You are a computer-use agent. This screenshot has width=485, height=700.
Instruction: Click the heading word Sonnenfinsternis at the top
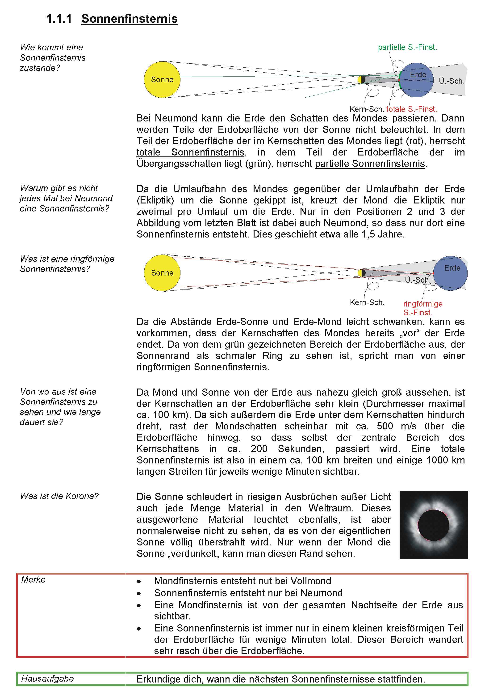[130, 19]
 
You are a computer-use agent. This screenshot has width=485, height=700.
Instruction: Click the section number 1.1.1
[59, 19]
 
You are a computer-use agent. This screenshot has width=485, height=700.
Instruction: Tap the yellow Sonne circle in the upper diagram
[162, 79]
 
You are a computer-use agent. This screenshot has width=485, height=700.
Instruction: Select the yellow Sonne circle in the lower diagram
[162, 273]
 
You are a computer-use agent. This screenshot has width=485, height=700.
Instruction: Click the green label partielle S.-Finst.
[407, 47]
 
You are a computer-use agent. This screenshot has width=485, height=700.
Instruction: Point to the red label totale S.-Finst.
[411, 109]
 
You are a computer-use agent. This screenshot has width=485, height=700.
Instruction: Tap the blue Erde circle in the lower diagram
[451, 273]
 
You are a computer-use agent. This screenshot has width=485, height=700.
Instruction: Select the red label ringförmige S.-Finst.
[422, 308]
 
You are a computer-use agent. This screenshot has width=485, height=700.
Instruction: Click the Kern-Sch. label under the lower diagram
[367, 302]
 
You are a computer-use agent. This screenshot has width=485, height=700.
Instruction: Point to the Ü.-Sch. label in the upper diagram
[452, 81]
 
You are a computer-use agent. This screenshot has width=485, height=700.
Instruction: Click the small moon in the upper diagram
[361, 80]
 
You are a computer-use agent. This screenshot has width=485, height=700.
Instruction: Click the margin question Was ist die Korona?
[59, 496]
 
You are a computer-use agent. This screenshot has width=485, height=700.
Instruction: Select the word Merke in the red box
[33, 579]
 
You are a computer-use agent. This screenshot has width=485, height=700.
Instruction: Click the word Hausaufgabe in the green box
[47, 678]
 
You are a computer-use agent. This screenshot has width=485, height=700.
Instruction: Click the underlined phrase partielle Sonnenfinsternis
[370, 164]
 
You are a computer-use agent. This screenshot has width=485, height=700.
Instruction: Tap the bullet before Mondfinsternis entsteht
[139, 582]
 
